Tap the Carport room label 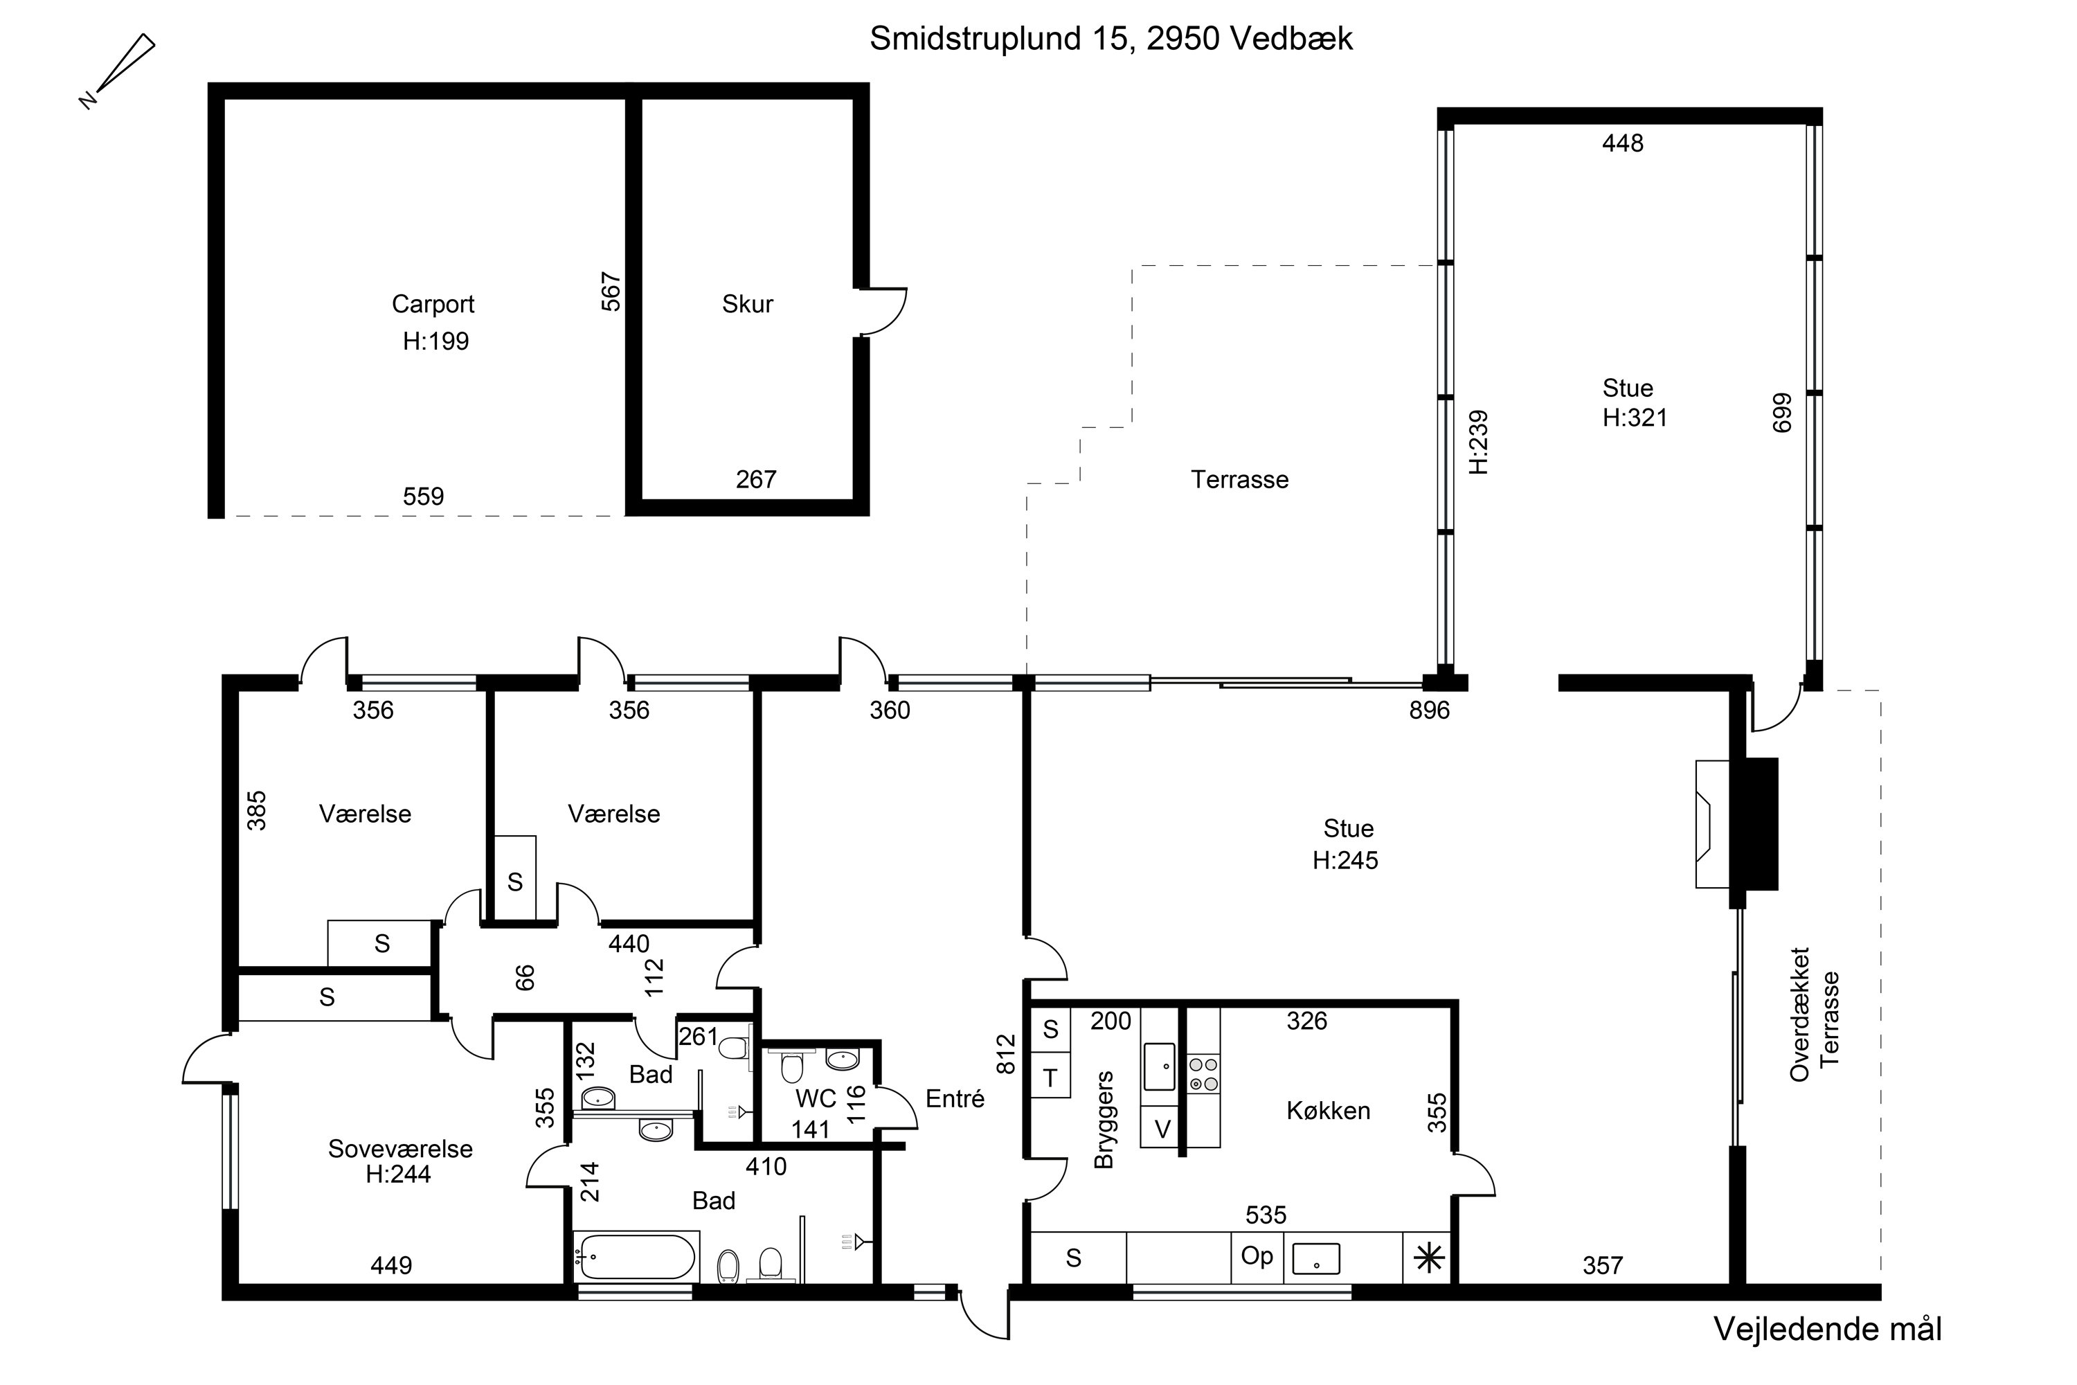(433, 305)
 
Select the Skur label (747, 304)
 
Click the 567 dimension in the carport (611, 292)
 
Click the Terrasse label (1240, 480)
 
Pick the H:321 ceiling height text (1635, 418)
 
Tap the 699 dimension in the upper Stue (1782, 413)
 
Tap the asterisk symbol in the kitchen (1429, 1258)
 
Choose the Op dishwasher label (1257, 1256)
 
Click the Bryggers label (1104, 1120)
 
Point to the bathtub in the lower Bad (636, 1257)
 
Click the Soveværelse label (400, 1148)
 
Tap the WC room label (816, 1099)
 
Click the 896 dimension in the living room (1430, 711)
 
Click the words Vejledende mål (1828, 1330)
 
